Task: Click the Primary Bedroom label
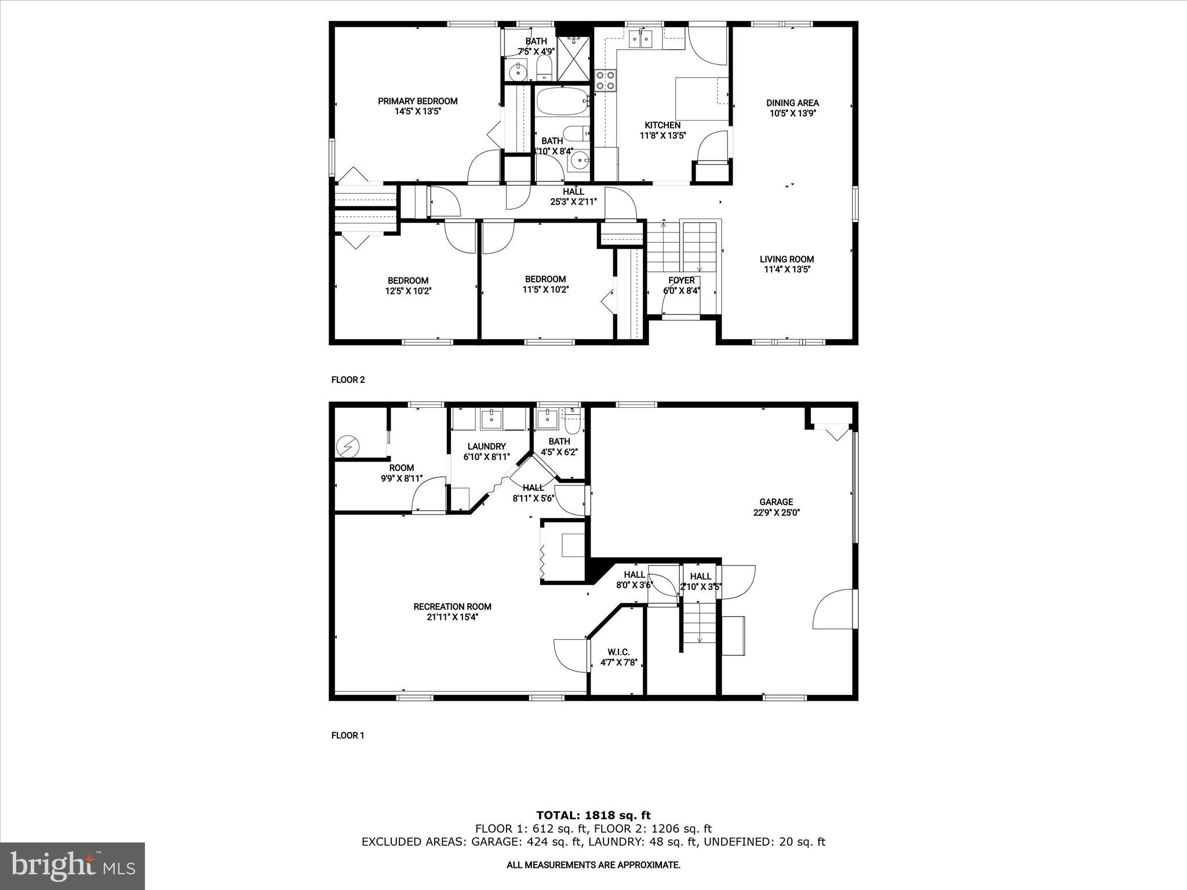tap(417, 101)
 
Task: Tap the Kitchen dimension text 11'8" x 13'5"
tap(662, 136)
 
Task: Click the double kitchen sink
tap(640, 39)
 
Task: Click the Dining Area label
tap(792, 103)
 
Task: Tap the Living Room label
tap(787, 260)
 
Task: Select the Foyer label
tap(682, 280)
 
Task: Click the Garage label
tap(776, 502)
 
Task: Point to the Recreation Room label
tap(452, 607)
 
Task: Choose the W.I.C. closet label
tap(619, 652)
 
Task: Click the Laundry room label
tap(486, 446)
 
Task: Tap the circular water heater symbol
tap(348, 446)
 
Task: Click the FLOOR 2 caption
tap(348, 380)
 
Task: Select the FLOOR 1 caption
tap(348, 735)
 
